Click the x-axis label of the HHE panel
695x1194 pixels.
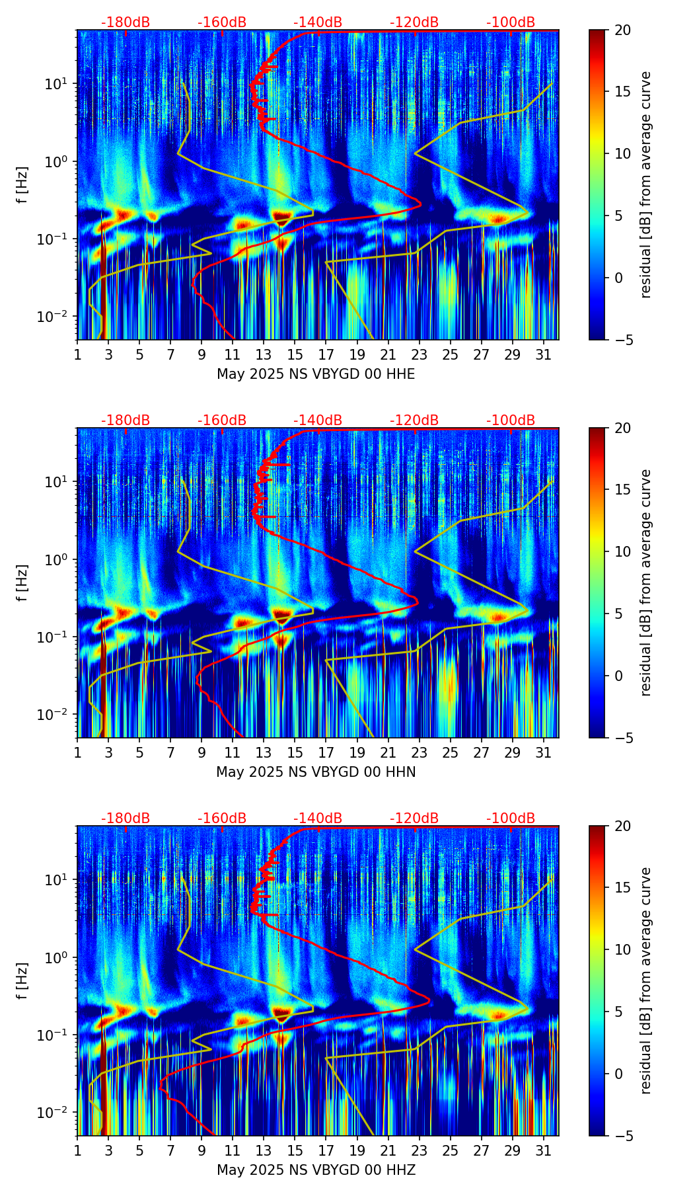point(316,374)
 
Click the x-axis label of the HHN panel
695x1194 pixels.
point(316,772)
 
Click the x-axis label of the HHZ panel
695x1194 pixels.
point(316,1170)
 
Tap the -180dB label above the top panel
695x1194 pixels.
point(126,22)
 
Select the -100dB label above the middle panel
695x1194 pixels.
point(511,420)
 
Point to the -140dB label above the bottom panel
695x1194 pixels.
point(318,818)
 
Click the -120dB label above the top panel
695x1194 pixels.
point(414,22)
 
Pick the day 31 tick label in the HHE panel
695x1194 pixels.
point(544,355)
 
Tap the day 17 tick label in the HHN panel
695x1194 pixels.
point(326,753)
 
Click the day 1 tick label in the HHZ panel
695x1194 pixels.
point(78,1151)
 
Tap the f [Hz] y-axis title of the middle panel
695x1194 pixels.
point(22,582)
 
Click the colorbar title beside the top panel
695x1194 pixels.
point(645,184)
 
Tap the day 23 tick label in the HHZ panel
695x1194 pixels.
point(420,1151)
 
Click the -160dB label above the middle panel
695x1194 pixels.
point(222,420)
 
